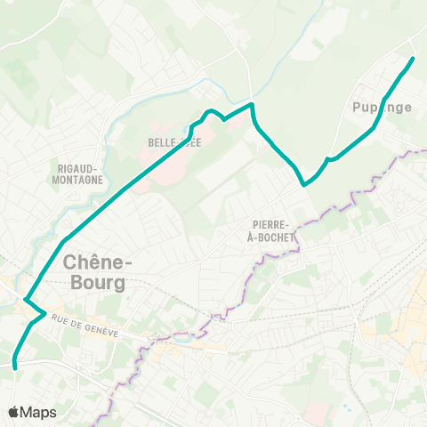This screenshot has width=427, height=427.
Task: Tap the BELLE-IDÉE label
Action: tap(175, 142)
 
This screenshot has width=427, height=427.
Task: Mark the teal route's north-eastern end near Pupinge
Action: tap(414, 59)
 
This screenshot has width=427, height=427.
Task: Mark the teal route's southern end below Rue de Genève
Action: tap(16, 365)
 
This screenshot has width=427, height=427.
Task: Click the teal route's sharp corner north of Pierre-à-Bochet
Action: tap(304, 184)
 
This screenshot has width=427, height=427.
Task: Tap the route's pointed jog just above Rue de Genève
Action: tap(44, 312)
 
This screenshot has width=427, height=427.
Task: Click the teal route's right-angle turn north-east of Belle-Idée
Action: tap(253, 105)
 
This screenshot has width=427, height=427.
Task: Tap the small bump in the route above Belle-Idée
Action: tap(211, 111)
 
